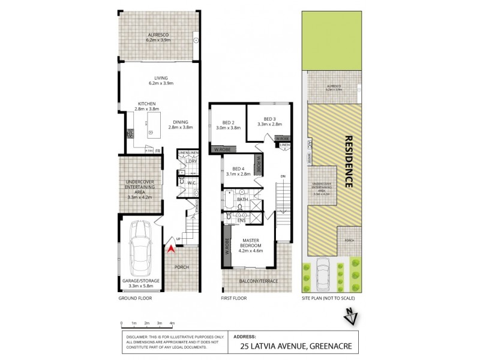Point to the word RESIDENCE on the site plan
(349, 162)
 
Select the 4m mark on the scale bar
(172, 323)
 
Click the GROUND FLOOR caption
(135, 298)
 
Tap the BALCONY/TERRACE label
(258, 280)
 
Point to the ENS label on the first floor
(242, 221)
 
